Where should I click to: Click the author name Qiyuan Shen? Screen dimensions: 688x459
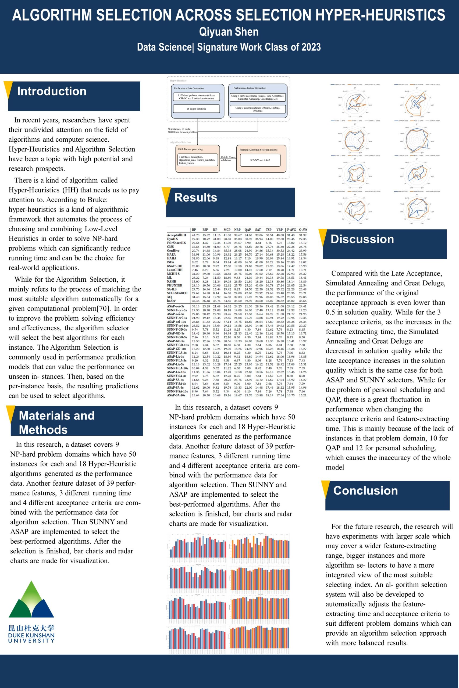(x=229, y=32)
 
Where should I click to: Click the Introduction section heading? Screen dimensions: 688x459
(x=52, y=91)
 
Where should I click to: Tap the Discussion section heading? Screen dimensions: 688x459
(x=362, y=239)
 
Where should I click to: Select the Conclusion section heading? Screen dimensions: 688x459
(x=365, y=490)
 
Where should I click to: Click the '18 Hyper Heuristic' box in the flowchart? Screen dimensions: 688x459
(x=196, y=109)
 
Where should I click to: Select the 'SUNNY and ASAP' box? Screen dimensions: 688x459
(x=260, y=160)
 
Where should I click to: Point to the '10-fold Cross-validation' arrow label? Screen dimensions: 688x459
(x=228, y=159)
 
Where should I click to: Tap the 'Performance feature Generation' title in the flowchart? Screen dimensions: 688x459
(x=250, y=88)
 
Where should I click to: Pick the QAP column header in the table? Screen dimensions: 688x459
(x=248, y=230)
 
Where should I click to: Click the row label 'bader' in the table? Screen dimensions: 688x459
(x=171, y=301)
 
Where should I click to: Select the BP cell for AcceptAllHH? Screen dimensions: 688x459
(x=195, y=235)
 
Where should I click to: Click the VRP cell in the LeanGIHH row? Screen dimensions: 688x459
(x=280, y=270)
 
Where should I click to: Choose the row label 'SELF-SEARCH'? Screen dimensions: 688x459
(x=177, y=293)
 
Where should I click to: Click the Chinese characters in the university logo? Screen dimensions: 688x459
(x=31, y=628)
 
